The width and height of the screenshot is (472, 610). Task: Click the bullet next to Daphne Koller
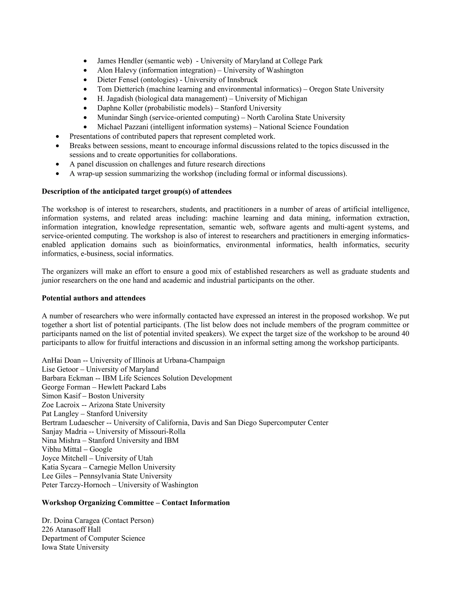pyautogui.click(x=85, y=108)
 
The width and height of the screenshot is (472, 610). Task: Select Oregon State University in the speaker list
pyautogui.click(x=346, y=89)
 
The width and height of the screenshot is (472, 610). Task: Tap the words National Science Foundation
pyautogui.click(x=304, y=127)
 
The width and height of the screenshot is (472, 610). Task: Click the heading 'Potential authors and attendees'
pyautogui.click(x=94, y=298)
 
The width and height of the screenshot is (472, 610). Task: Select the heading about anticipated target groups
pyautogui.click(x=136, y=192)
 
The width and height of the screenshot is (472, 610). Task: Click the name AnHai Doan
pyautogui.click(x=61, y=360)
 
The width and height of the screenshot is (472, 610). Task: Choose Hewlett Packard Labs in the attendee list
pyautogui.click(x=132, y=387)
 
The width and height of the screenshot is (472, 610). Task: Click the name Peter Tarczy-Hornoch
pyautogui.click(x=76, y=485)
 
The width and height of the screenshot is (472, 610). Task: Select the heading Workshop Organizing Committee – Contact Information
pyautogui.click(x=136, y=503)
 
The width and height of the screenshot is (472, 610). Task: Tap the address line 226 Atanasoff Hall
pyautogui.click(x=71, y=530)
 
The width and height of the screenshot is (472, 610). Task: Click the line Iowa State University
pyautogui.click(x=75, y=547)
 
